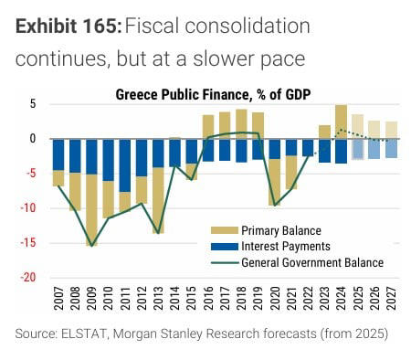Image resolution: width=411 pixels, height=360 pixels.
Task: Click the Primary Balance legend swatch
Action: (x=223, y=230)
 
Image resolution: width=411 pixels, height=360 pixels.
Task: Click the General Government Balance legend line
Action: (x=223, y=263)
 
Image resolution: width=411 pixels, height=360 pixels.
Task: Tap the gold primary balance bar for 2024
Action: (x=341, y=122)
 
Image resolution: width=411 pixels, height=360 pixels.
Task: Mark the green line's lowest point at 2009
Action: (x=91, y=246)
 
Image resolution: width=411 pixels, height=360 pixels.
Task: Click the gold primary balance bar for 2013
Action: (x=158, y=200)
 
